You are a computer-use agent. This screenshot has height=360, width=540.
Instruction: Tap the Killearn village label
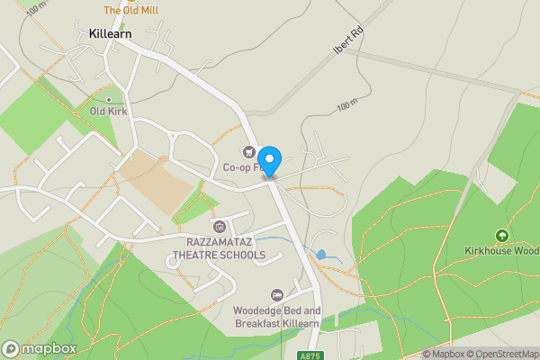(112, 33)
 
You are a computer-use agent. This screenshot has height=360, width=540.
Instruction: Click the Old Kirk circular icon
(110, 99)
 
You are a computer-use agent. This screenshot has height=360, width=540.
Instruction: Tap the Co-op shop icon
(247, 152)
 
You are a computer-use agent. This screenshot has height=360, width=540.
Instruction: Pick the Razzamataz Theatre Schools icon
(218, 225)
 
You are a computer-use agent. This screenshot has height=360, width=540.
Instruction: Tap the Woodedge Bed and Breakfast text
(277, 316)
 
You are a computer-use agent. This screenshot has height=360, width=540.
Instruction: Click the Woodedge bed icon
(277, 294)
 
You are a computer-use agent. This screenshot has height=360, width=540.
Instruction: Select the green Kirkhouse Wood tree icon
(501, 236)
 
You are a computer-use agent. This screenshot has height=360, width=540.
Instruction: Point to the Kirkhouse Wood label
(502, 251)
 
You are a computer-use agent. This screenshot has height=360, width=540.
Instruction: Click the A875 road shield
(310, 355)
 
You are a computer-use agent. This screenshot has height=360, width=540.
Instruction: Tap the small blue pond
(321, 255)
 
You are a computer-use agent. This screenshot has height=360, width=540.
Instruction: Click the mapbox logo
(40, 348)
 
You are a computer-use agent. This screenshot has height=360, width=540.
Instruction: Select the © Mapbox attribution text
(444, 354)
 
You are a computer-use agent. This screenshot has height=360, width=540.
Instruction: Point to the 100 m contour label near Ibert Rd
(346, 106)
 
